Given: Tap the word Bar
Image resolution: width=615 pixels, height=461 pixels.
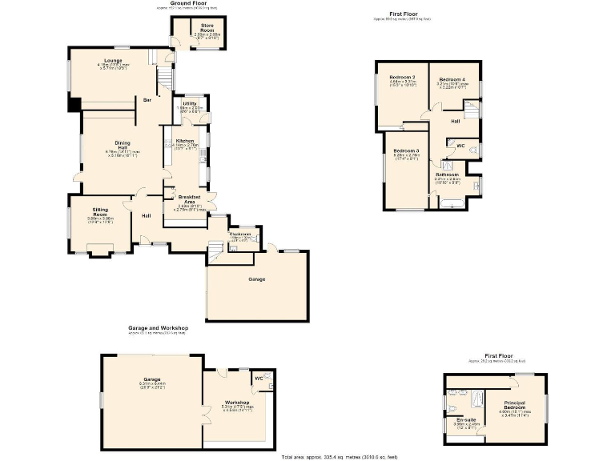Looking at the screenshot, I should (x=147, y=100).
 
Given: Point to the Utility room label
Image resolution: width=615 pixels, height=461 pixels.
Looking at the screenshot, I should (x=189, y=104).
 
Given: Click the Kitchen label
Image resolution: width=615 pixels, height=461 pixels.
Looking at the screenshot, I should (x=185, y=140).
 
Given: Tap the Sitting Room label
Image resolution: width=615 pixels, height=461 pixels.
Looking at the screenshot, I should (x=99, y=211).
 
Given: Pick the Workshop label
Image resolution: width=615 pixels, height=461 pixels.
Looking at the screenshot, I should (x=237, y=402).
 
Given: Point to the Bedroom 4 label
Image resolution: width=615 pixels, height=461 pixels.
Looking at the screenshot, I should (x=452, y=79).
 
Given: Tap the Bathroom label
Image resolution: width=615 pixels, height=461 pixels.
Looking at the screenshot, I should (x=447, y=174).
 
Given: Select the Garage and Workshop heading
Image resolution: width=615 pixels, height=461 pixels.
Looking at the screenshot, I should (x=158, y=327).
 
